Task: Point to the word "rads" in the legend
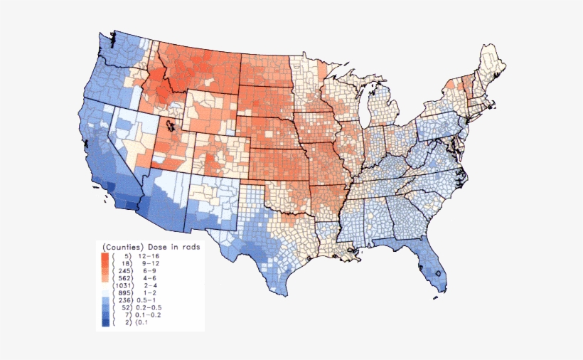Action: pyautogui.click(x=188, y=246)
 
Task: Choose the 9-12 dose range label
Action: pyautogui.click(x=150, y=263)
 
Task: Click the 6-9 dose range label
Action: pyautogui.click(x=151, y=271)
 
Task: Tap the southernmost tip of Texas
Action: pyautogui.click(x=286, y=294)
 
